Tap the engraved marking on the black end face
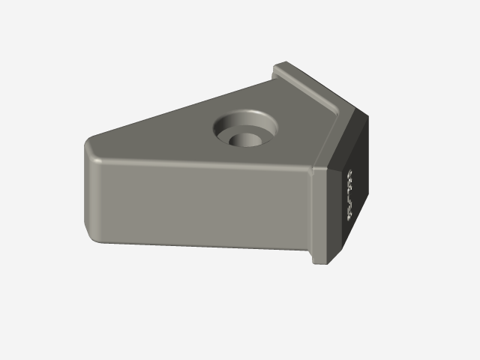[349, 194]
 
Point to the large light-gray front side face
[195, 202]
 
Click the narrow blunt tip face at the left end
[88, 187]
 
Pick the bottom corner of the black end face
[346, 244]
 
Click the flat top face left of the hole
[165, 135]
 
